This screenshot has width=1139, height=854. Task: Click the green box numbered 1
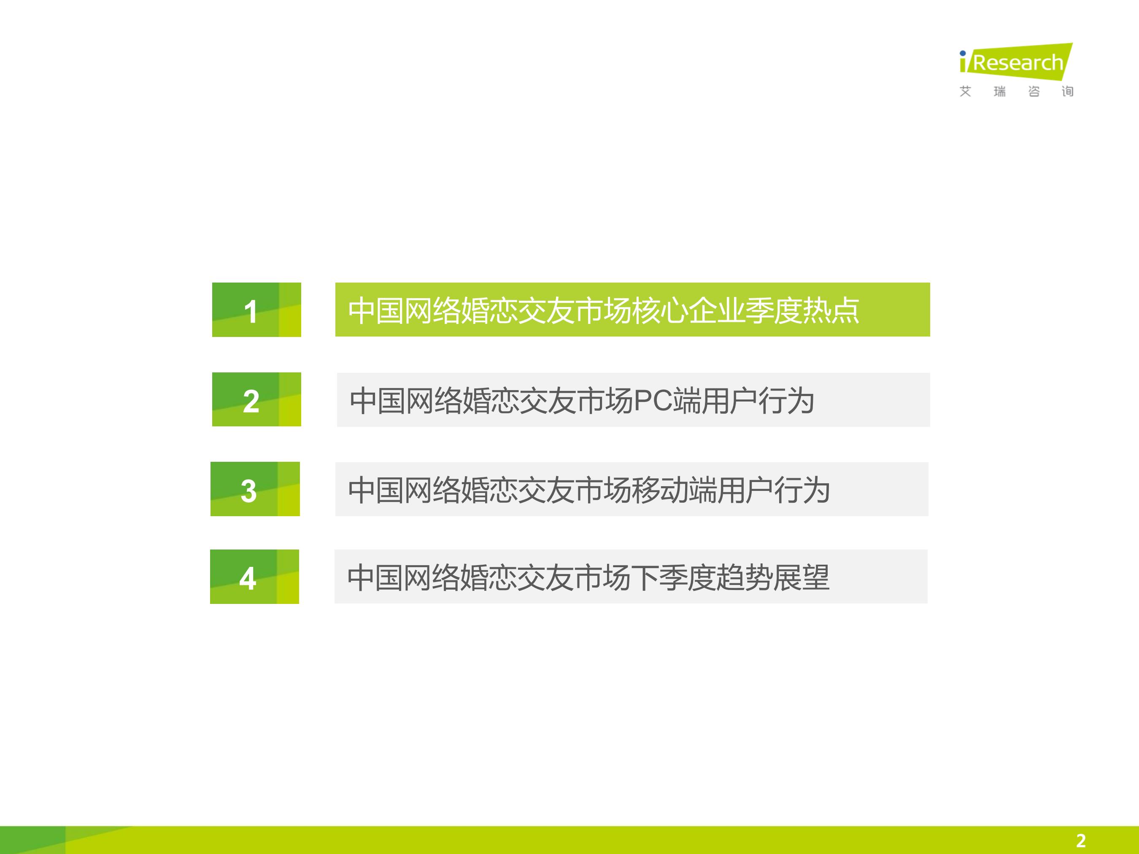pyautogui.click(x=256, y=310)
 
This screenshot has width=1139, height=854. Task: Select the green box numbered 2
pyautogui.click(x=256, y=399)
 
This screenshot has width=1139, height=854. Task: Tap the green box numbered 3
pyautogui.click(x=255, y=489)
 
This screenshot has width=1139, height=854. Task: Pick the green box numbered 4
pyautogui.click(x=254, y=577)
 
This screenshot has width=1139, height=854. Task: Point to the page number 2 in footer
pyautogui.click(x=1080, y=841)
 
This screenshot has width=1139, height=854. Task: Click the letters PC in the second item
pyautogui.click(x=653, y=401)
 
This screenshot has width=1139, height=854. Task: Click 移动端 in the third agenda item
pyautogui.click(x=674, y=490)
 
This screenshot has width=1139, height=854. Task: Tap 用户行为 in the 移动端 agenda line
pyautogui.click(x=773, y=490)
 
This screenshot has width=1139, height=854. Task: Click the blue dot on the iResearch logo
pyautogui.click(x=962, y=53)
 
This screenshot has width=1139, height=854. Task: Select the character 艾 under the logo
pyautogui.click(x=966, y=92)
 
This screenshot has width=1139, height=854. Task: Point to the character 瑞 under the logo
pyautogui.click(x=999, y=92)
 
